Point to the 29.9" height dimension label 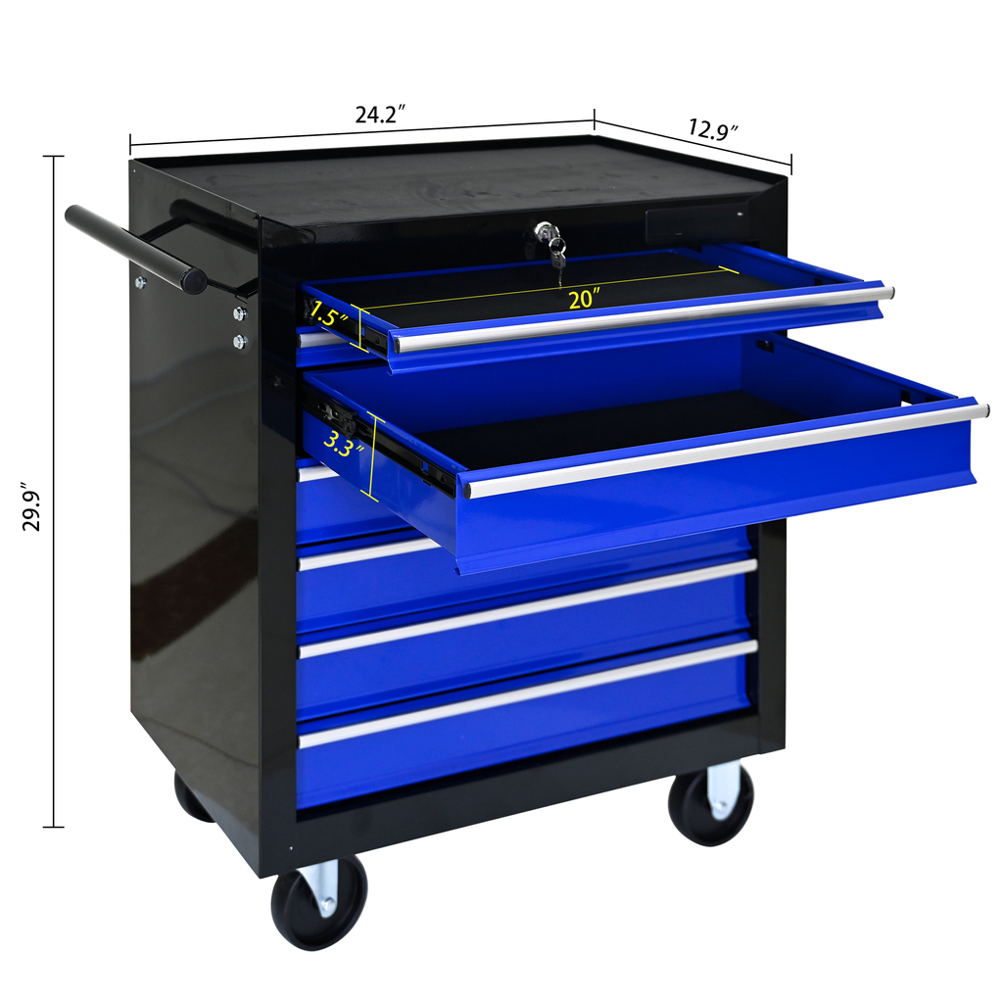(x=31, y=506)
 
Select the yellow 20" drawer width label (x=584, y=299)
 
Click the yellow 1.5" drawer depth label (x=328, y=313)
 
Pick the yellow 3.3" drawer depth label (x=343, y=444)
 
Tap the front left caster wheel (x=319, y=901)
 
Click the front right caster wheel (x=711, y=803)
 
